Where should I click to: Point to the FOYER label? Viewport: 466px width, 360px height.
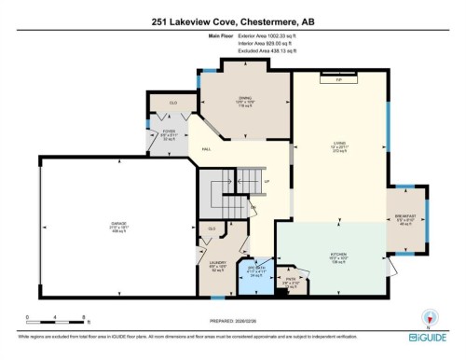pos(169,132)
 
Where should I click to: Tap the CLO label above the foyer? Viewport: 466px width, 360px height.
pos(172,102)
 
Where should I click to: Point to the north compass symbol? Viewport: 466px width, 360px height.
pos(430,318)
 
